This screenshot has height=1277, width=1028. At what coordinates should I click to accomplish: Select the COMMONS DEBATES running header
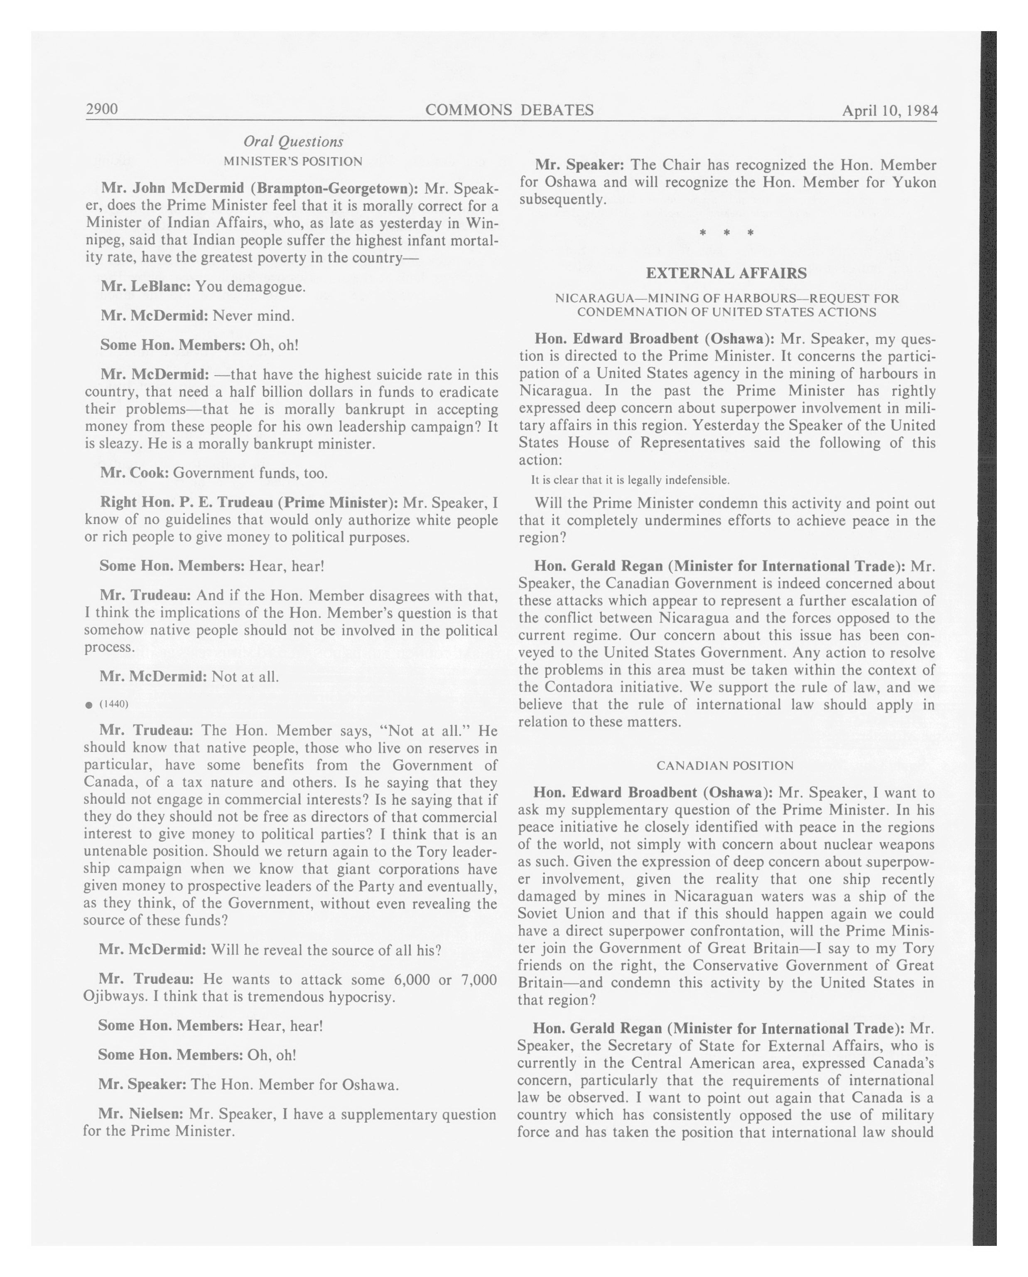[x=510, y=110]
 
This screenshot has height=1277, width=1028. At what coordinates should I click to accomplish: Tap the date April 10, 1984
[x=889, y=111]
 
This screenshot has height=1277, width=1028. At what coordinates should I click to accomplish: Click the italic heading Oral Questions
[x=293, y=142]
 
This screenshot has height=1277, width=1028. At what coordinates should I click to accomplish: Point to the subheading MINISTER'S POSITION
[x=293, y=161]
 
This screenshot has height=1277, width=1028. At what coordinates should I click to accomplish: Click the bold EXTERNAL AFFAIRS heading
[x=726, y=273]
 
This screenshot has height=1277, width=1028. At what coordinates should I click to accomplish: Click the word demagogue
[x=268, y=287]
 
